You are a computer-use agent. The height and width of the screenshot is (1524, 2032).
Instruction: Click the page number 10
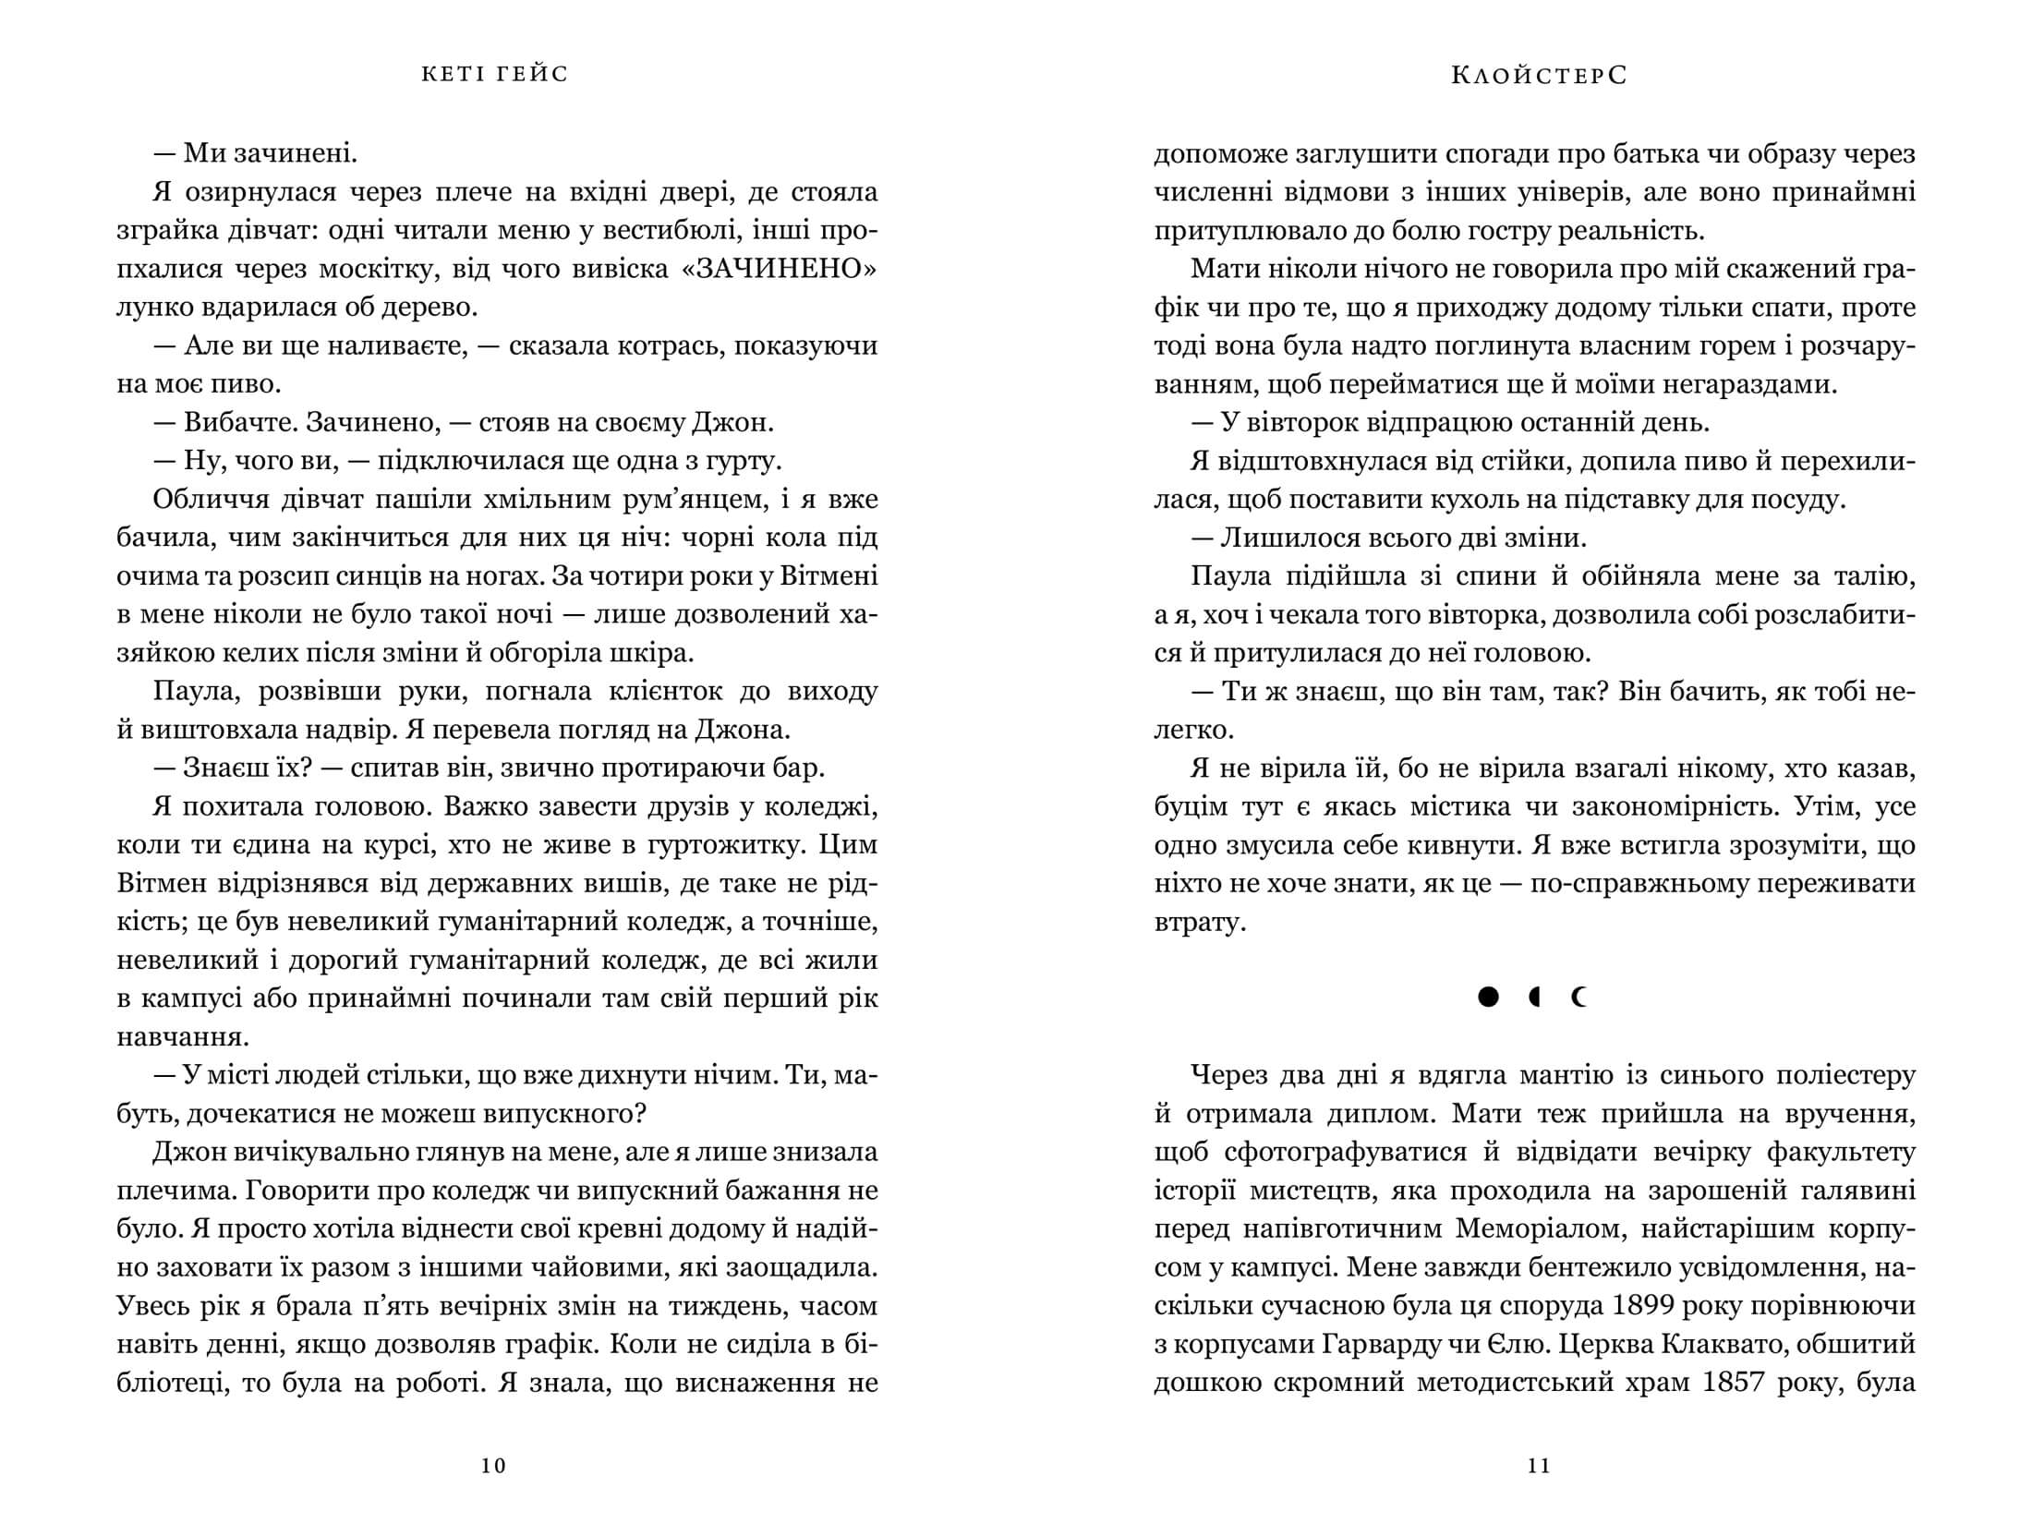(494, 1466)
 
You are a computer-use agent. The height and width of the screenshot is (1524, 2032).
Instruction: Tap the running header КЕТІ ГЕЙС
(494, 74)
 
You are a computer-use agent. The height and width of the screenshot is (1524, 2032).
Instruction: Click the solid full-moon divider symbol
(1487, 998)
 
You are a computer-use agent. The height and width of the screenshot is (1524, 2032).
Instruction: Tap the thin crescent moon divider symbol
(1579, 998)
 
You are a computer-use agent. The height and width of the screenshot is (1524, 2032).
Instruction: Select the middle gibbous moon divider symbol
(1535, 998)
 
